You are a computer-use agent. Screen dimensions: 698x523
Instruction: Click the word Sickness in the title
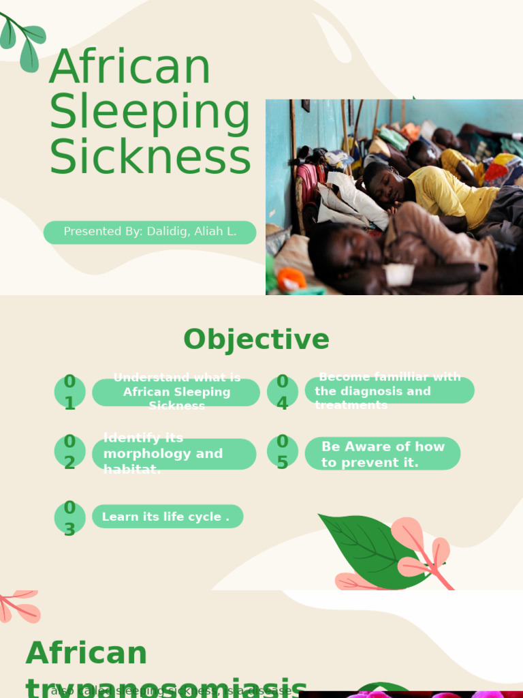(x=150, y=157)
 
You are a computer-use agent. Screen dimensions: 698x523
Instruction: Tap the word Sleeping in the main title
(x=150, y=112)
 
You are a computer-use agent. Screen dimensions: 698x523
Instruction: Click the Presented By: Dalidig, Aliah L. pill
(x=150, y=232)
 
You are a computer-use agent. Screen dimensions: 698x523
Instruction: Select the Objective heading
(x=256, y=339)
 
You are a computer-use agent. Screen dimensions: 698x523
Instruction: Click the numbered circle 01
(x=69, y=392)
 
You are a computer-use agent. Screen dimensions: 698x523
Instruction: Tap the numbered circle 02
(x=69, y=452)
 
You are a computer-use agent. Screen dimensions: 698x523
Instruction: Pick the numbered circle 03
(x=69, y=518)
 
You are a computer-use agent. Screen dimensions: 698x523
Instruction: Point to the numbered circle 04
(x=282, y=392)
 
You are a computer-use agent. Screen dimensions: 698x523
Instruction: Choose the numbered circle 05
(x=282, y=453)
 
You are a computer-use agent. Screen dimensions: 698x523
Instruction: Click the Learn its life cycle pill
(x=167, y=517)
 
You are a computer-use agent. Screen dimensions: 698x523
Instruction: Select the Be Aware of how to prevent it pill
(x=383, y=454)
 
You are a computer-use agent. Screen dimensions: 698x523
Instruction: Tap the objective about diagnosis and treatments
(x=389, y=391)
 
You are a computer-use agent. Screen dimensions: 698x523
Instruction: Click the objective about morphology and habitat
(x=174, y=454)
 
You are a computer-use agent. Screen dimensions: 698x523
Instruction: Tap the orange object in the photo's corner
(x=291, y=279)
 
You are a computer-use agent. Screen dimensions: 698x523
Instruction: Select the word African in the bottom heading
(x=86, y=653)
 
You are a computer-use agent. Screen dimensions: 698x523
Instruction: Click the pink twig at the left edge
(x=17, y=606)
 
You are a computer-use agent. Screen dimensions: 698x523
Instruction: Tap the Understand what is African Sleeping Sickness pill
(x=176, y=392)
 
